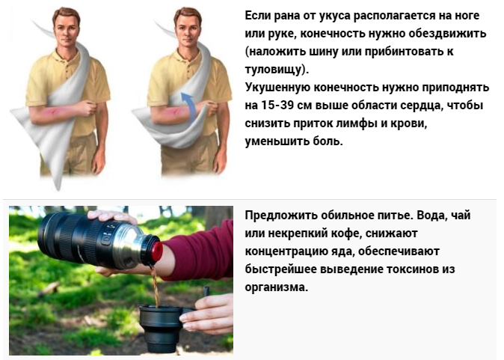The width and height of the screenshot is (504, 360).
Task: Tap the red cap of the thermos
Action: pos(156,251)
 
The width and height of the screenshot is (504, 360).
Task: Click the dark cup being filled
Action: pos(160,327)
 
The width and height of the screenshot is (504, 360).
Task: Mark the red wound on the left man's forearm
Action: pos(53,112)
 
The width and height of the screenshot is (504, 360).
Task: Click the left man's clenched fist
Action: pos(87,108)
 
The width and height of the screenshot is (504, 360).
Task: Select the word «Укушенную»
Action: pos(277,88)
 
